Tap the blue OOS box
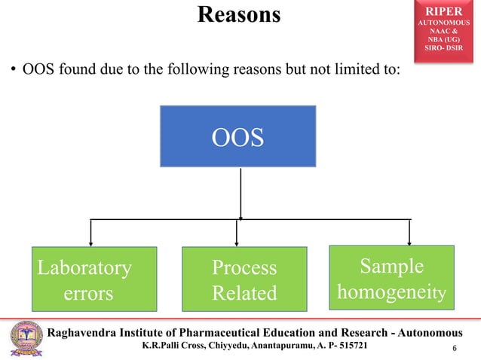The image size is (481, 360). tap(237, 136)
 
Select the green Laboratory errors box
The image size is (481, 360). tap(93, 279)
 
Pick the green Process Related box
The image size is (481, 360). tap(244, 279)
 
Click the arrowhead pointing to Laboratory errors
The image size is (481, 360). tap(91, 243)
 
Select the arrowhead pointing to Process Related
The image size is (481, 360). tap(237, 243)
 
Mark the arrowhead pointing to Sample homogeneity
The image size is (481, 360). tap(409, 243)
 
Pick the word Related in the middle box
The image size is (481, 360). tap(244, 293)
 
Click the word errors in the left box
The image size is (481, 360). tap(88, 293)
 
